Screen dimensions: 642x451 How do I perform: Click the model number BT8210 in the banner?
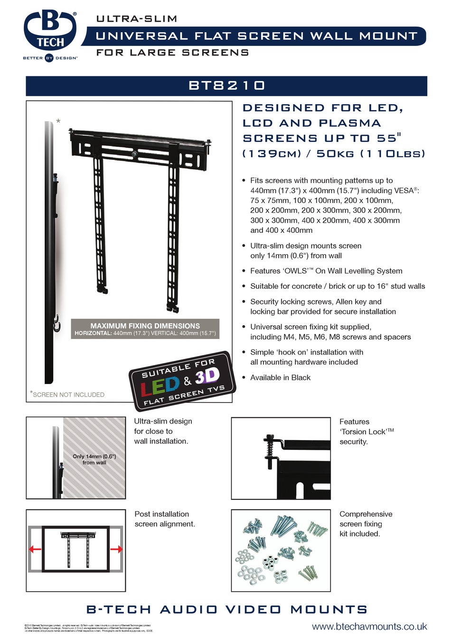226,85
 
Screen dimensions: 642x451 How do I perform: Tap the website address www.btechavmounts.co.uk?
369,626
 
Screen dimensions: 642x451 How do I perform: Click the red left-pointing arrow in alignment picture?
35,549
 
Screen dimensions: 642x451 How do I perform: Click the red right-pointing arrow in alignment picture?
116,549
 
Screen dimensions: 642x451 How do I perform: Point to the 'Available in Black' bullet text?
280,377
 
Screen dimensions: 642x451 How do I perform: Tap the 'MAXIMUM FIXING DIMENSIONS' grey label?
145,326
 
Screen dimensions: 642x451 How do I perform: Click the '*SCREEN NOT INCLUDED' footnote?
67,394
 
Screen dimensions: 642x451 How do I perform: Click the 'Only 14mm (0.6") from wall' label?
94,459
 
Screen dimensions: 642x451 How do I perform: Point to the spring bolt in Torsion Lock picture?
271,450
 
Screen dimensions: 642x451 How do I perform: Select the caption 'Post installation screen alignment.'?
164,519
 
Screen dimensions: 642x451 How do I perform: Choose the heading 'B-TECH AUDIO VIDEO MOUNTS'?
226,609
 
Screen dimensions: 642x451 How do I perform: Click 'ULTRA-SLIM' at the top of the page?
137,19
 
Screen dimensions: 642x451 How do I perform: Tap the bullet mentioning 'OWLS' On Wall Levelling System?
326,271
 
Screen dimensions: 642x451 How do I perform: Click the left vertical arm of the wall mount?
99,223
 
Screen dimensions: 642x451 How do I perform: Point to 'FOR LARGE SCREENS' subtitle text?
172,53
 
